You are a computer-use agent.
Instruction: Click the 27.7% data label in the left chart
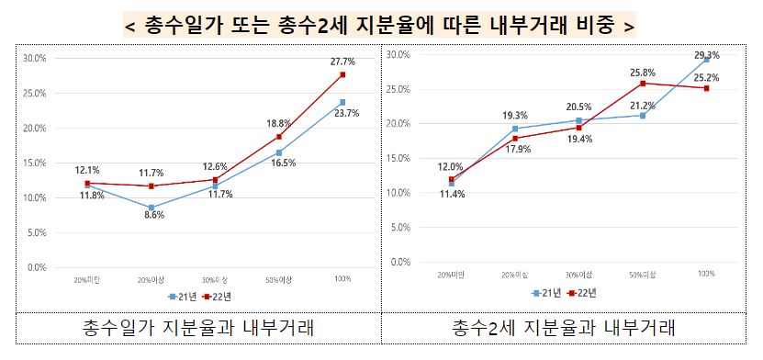tap(342, 60)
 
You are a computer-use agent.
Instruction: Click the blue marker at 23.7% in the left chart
tap(342, 102)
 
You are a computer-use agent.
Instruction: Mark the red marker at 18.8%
tap(279, 137)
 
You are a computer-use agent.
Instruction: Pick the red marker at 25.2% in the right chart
tap(706, 88)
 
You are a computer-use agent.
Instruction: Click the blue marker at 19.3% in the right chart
tap(515, 129)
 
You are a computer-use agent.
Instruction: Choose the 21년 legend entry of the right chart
tap(547, 293)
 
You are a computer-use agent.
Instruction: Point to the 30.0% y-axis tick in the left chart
tap(34, 58)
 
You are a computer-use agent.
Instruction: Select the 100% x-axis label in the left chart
tap(342, 278)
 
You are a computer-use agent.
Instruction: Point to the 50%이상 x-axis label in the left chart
tap(278, 278)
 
